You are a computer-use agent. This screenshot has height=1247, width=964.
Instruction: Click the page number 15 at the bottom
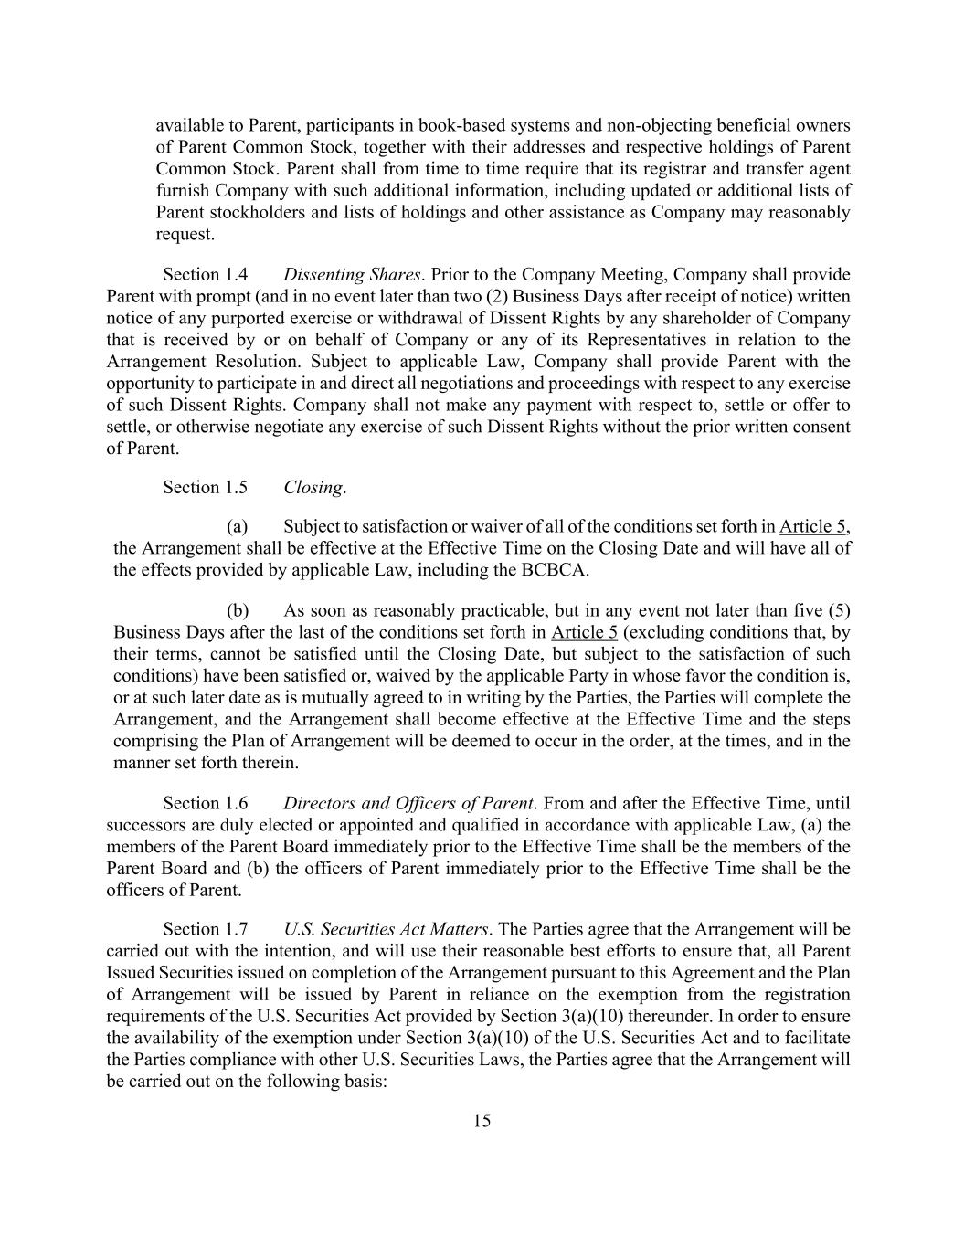tap(482, 1121)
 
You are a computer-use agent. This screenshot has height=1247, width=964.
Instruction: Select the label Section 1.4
tap(205, 275)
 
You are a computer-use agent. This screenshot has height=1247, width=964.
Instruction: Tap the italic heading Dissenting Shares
tap(352, 275)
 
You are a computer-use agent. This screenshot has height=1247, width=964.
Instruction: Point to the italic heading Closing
tap(313, 488)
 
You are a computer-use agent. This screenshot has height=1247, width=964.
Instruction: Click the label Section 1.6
tap(205, 804)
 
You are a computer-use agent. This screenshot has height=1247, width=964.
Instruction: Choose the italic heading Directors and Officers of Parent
tap(408, 804)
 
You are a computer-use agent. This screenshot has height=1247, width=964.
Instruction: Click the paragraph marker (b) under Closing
tap(238, 610)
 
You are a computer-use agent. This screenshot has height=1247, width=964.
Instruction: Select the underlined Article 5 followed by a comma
tap(805, 527)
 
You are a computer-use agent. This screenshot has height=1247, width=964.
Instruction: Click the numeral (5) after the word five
tap(839, 610)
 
